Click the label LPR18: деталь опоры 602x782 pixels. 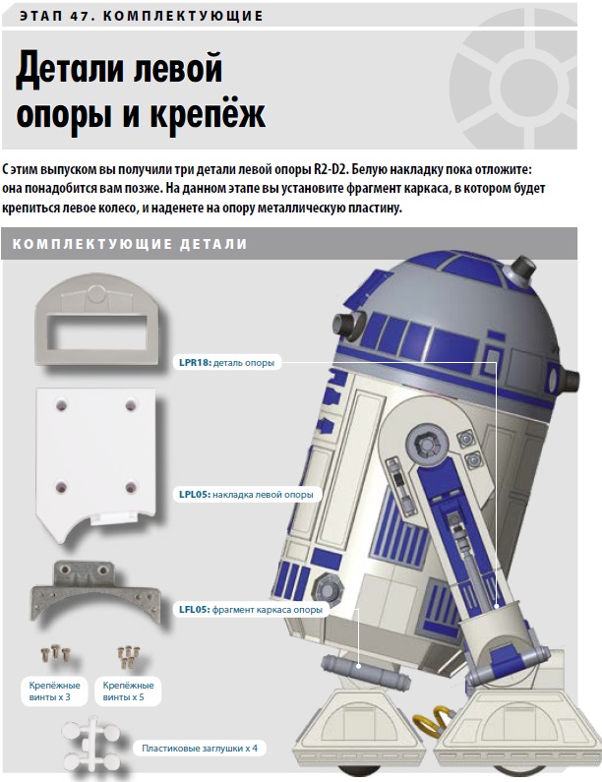227,363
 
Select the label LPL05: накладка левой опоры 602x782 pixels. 246,495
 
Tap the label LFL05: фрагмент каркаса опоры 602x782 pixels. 251,610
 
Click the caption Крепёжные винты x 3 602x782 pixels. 54,692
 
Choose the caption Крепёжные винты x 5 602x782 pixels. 128,692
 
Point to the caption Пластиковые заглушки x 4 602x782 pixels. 200,749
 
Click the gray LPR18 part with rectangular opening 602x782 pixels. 97,319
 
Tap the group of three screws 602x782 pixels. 55,654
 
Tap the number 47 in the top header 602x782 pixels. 81,16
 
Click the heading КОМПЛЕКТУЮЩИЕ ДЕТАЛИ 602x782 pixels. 130,244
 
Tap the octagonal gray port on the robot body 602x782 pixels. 328,587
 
